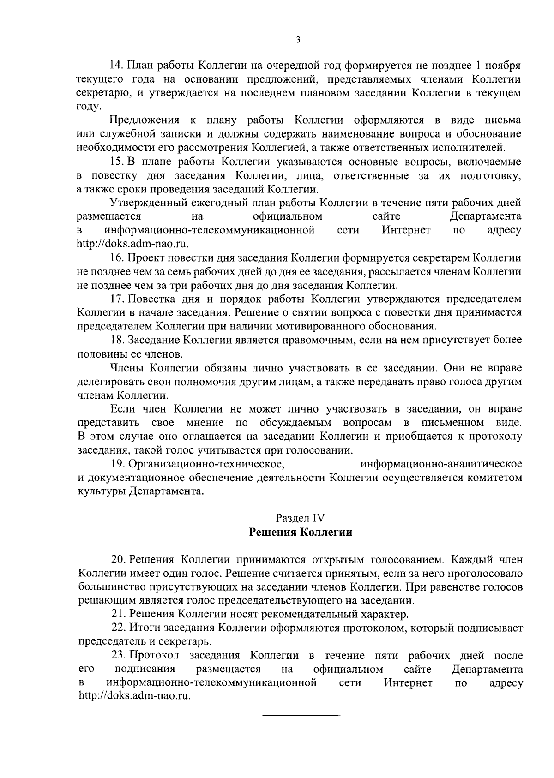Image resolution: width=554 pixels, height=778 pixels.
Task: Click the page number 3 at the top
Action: pos(298,40)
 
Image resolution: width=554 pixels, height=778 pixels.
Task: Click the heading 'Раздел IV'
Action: pos(301,518)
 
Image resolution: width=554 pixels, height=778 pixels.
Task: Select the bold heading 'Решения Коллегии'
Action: pos(301,532)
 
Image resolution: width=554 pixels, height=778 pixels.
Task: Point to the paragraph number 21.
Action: pos(119,614)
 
